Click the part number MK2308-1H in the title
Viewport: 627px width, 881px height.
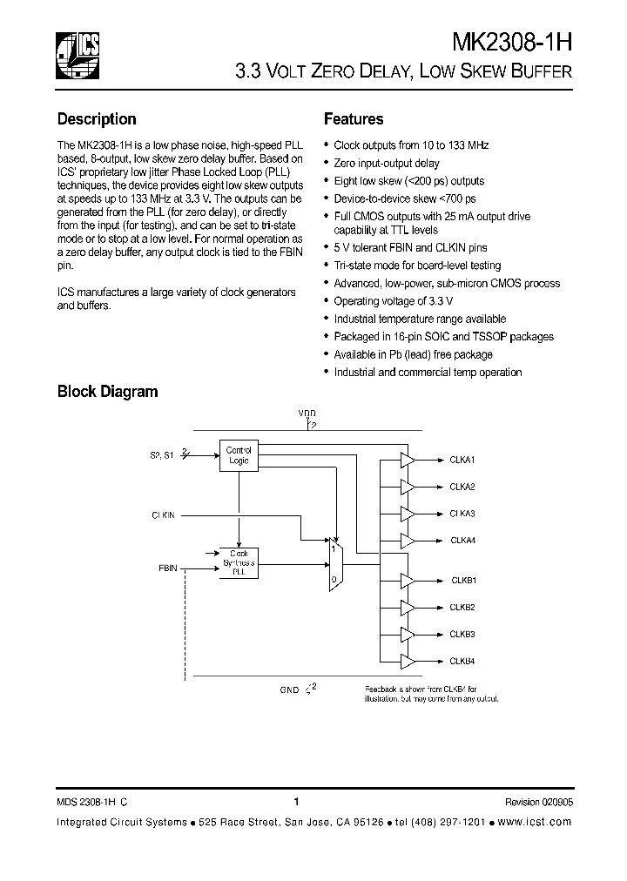point(512,44)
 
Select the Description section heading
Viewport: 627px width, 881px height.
point(97,119)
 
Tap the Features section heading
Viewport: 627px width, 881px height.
point(354,119)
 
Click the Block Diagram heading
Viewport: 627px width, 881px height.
point(107,392)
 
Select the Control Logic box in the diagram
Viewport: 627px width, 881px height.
point(238,455)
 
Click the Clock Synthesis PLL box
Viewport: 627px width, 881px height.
point(238,562)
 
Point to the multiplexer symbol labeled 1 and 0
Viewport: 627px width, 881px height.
point(336,564)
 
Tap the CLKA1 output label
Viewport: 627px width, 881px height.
point(462,459)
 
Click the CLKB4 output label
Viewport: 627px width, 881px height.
point(462,661)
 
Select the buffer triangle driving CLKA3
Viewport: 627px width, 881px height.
point(407,513)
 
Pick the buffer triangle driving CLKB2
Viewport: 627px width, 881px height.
point(407,607)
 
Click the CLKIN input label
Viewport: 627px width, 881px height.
point(162,515)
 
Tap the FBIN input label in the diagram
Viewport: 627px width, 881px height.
point(168,568)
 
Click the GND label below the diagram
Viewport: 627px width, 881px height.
point(289,689)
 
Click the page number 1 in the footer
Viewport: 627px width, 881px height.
point(297,802)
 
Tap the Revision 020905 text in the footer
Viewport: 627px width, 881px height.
point(538,803)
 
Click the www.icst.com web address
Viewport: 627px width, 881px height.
point(537,822)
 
